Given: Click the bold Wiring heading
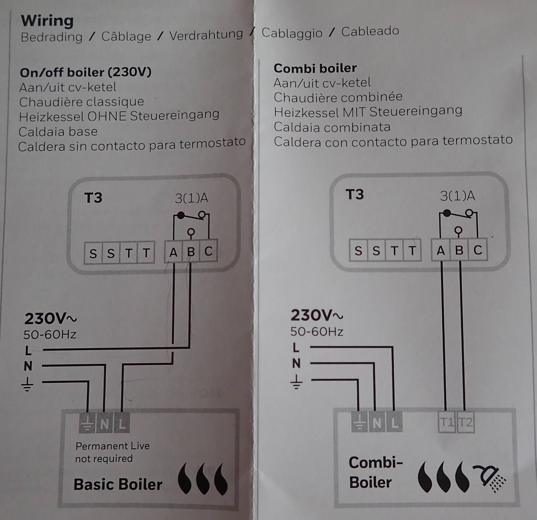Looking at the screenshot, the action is [47, 21].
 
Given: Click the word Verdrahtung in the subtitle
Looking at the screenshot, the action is [206, 35].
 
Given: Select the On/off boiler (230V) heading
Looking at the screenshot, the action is [86, 73].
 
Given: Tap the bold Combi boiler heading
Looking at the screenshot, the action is [315, 68].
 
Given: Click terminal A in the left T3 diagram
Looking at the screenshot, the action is [173, 252].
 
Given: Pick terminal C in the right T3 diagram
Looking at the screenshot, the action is [478, 250].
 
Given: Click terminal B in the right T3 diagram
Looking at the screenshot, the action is [459, 250].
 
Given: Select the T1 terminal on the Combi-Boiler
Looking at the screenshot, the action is [446, 423].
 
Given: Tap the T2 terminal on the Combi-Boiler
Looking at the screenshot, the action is [465, 423].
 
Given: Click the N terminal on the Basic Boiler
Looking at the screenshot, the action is [105, 424].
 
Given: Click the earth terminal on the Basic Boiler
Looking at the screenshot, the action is [87, 424].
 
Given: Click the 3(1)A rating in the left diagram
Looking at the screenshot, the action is [191, 198].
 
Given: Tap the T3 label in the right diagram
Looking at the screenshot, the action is [354, 194].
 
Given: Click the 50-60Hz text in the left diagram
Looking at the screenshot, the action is [50, 334].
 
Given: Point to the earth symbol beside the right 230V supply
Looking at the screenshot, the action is [296, 382].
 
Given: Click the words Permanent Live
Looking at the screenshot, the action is [112, 446].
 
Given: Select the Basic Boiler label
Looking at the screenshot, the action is [118, 485].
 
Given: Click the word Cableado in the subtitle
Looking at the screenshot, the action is [370, 31].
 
